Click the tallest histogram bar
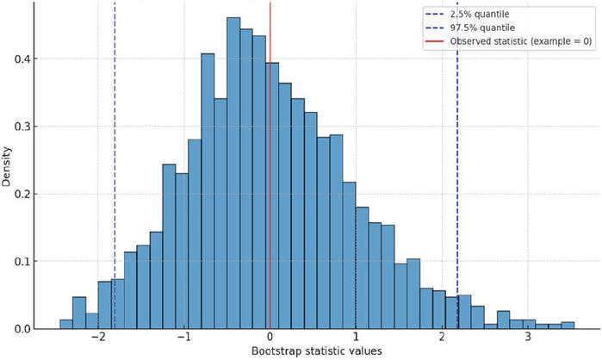tap(233, 173)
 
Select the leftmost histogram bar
tap(66, 324)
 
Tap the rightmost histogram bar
tap(568, 325)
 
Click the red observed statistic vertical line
tap(270, 165)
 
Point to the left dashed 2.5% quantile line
tap(115, 165)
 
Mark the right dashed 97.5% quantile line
tap(457, 165)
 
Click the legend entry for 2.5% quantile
tap(467, 14)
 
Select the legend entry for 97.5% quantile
tap(470, 28)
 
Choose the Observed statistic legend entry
tap(509, 41)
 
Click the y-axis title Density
tap(7, 166)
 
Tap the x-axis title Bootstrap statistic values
tap(317, 351)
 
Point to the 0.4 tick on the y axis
tap(22, 59)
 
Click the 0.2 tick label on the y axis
tap(22, 194)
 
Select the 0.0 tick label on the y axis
tap(22, 329)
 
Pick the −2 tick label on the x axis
tap(98, 337)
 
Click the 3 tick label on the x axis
tap(528, 337)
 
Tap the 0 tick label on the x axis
tap(270, 337)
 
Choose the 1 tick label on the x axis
tap(356, 337)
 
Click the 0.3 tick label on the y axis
tap(22, 127)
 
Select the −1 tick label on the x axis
tap(184, 337)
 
